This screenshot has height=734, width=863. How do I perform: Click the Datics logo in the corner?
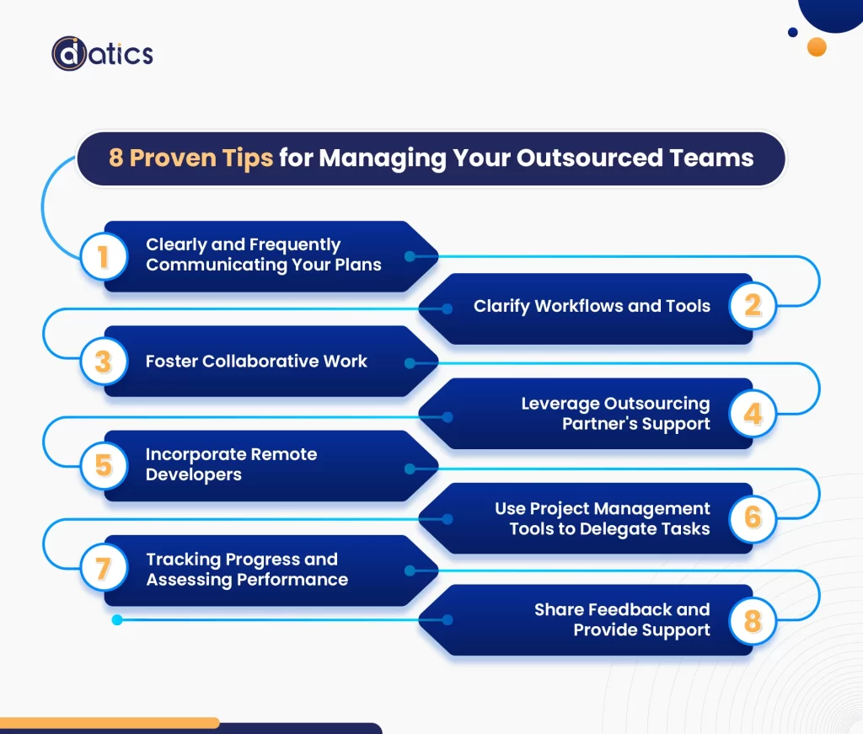coord(102,54)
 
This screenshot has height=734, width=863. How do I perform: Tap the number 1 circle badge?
coord(103,256)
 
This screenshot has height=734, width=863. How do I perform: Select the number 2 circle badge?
coord(753,305)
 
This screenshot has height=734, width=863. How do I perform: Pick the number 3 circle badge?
coord(103,362)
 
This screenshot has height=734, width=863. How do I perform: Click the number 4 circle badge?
coord(753,413)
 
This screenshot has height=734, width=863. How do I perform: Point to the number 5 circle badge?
coord(103,465)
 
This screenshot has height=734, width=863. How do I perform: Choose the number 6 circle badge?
coord(753,517)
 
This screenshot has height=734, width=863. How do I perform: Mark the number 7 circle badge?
coord(103,569)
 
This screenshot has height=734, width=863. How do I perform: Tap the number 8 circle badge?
coord(753,622)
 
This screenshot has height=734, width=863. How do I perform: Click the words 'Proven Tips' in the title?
coord(202,158)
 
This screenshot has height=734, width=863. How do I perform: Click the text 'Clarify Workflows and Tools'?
coord(592,306)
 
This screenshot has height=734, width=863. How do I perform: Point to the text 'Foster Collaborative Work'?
coord(256,362)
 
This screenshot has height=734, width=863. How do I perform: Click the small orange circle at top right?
coord(816,46)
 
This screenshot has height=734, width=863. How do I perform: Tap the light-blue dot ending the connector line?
coord(117,620)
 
